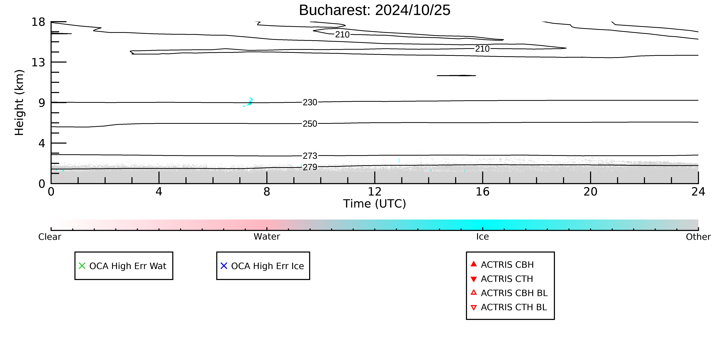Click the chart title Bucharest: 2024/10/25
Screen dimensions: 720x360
(375, 10)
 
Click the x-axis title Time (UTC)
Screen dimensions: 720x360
(375, 204)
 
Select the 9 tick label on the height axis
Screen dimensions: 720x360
(42, 103)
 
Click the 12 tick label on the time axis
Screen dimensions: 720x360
(375, 192)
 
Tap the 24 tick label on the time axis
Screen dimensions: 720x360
(698, 192)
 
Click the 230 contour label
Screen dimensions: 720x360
(310, 102)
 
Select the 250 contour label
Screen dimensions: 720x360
(310, 124)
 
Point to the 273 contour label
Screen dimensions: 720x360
(310, 156)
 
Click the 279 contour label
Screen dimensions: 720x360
(310, 167)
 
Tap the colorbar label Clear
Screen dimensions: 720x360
(50, 237)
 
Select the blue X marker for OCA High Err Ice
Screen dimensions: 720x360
(224, 266)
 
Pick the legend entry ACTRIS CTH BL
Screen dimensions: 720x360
(509, 307)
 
